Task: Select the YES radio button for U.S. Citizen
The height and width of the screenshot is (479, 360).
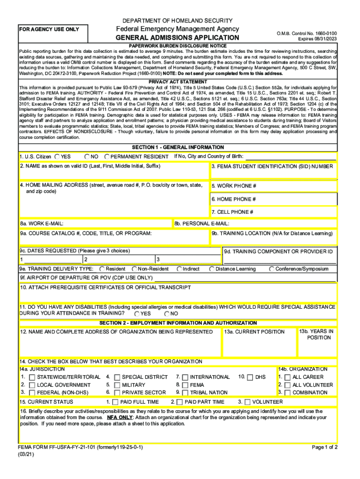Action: pyautogui.click(x=57, y=157)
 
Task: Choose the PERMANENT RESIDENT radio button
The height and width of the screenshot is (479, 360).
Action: pyautogui.click(x=107, y=157)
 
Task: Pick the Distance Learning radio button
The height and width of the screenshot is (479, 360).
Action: pyautogui.click(x=212, y=269)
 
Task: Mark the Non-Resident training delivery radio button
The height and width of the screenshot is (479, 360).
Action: pyautogui.click(x=134, y=269)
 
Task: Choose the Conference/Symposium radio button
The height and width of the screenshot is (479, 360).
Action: pyautogui.click(x=272, y=269)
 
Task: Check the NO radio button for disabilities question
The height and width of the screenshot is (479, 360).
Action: pyautogui.click(x=167, y=314)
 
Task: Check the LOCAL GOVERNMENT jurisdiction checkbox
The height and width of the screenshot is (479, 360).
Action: pyautogui.click(x=32, y=385)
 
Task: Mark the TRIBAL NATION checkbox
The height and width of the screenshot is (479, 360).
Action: pyautogui.click(x=185, y=392)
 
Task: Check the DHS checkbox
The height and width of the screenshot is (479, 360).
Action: pyautogui.click(x=250, y=377)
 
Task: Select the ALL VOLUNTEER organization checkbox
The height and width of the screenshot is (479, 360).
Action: pyautogui.click(x=288, y=385)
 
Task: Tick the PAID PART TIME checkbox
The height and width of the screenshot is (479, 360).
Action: pyautogui.click(x=180, y=402)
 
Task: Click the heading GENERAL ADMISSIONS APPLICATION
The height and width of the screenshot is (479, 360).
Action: pyautogui.click(x=177, y=37)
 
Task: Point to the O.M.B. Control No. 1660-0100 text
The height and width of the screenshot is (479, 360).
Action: pyautogui.click(x=304, y=34)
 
